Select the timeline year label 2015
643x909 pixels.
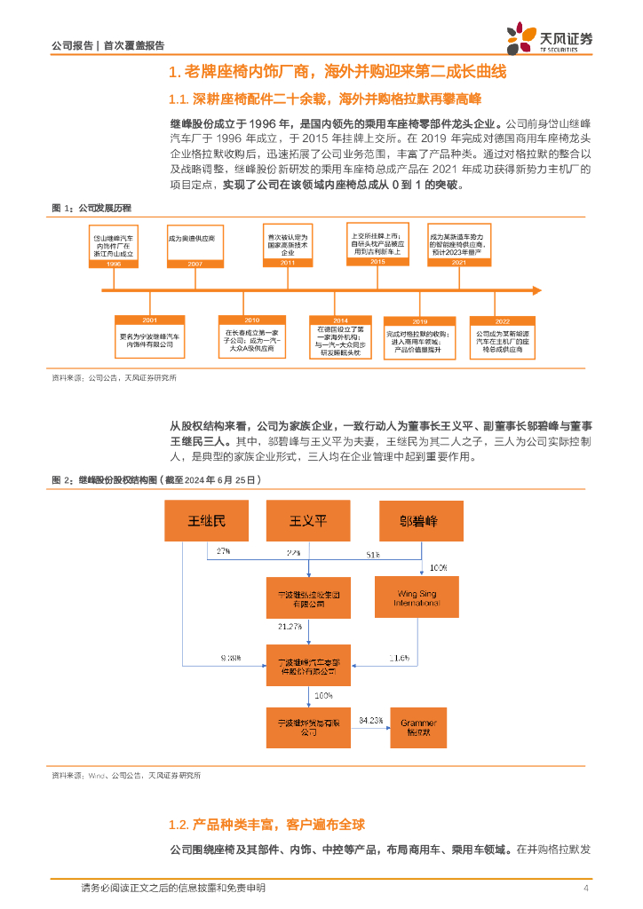click(377, 263)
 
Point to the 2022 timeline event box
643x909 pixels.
click(503, 336)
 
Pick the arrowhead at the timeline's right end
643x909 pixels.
click(536, 289)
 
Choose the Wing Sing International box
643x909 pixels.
click(417, 597)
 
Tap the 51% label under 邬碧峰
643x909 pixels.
click(375, 555)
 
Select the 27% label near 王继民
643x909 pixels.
click(223, 551)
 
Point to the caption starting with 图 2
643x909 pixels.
click(157, 479)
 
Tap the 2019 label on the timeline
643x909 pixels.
click(419, 321)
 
